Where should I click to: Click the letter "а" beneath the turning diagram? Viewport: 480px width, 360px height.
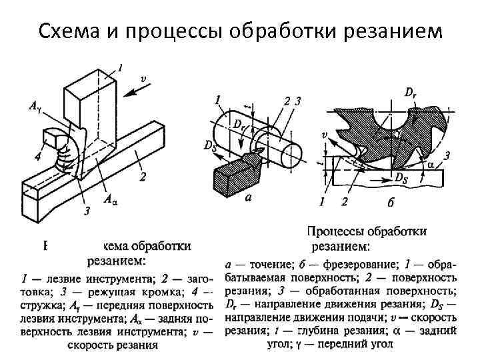click(249, 198)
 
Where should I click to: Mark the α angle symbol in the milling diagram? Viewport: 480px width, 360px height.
click(433, 164)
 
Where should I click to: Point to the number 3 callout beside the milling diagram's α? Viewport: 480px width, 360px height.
click(447, 155)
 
